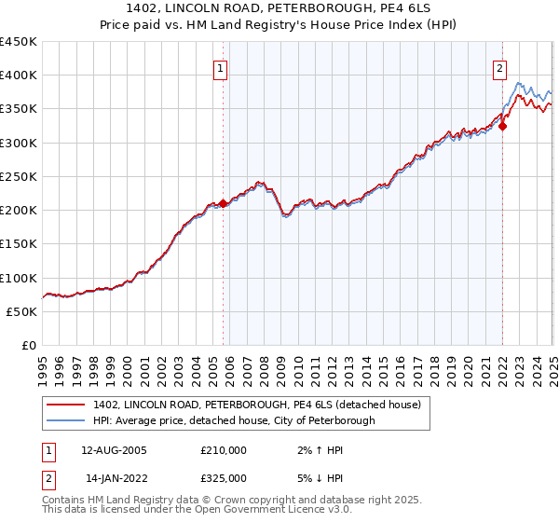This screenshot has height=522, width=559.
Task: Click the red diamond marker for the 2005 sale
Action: (224, 203)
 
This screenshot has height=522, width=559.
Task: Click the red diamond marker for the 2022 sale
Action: (502, 126)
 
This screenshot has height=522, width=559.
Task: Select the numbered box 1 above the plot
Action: (221, 68)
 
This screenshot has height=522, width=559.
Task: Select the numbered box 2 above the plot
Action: (499, 68)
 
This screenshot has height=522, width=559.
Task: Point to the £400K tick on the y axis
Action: (19, 76)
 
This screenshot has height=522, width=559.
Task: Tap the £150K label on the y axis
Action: (19, 244)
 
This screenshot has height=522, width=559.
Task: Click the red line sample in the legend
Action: (65, 405)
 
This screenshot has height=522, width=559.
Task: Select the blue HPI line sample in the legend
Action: (65, 421)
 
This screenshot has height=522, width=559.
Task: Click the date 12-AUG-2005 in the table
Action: (115, 450)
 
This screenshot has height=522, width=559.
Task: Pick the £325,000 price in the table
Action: (224, 478)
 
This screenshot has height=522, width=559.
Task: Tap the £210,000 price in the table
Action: (224, 450)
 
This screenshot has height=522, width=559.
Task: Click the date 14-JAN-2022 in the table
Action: (114, 478)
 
